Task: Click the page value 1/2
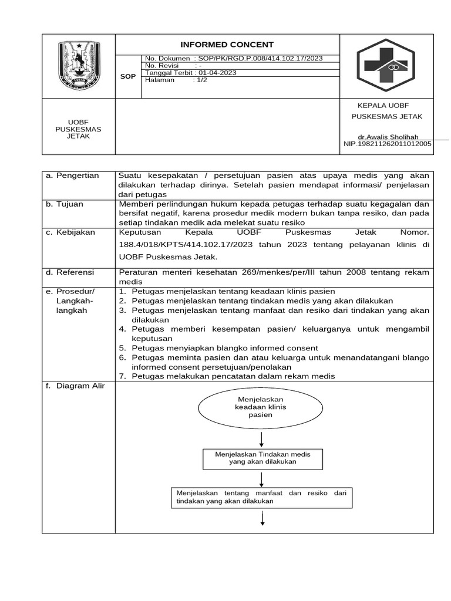pyautogui.click(x=202, y=80)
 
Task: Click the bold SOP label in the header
pyautogui.click(x=128, y=76)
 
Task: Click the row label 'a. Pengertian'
pyautogui.click(x=73, y=175)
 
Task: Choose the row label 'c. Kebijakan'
pyautogui.click(x=70, y=232)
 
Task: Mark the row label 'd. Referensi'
pyautogui.click(x=70, y=272)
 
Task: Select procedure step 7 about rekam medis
pyautogui.click(x=233, y=376)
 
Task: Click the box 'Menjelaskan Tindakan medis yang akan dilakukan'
pyautogui.click(x=262, y=458)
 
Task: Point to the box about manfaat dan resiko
pyautogui.click(x=261, y=497)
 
